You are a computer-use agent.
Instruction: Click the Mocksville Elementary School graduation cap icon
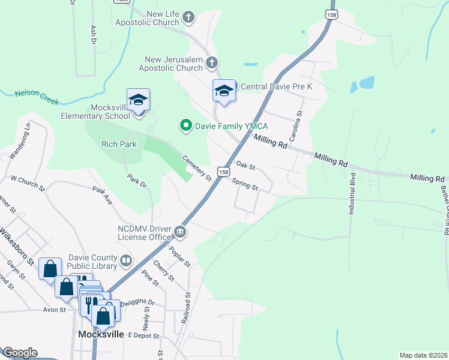138,100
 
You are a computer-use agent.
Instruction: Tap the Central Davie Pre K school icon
224,91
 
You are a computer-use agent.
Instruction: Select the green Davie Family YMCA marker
186,125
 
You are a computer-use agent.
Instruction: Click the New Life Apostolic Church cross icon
188,17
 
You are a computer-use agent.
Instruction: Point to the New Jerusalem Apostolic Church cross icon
211,62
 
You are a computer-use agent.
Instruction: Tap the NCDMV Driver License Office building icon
179,232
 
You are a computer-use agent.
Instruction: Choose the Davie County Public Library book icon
126,260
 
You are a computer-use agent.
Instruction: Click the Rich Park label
119,144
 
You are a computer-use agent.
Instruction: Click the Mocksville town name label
101,334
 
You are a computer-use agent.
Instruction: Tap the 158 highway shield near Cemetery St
223,172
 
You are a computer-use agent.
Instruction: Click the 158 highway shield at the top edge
330,12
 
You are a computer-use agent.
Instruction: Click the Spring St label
244,184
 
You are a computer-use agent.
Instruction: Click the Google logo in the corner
19,353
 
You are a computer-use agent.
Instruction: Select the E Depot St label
143,337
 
